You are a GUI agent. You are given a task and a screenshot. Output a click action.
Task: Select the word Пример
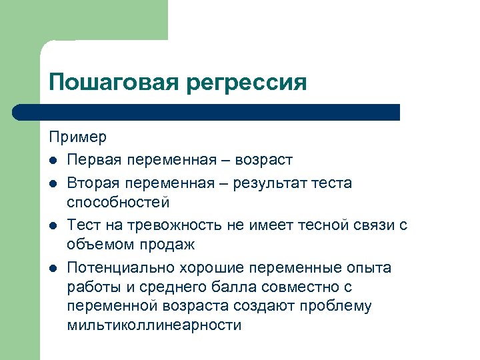pos(77,138)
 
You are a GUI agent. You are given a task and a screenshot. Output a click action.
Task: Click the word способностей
pos(119,202)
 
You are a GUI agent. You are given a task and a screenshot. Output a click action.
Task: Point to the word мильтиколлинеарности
pos(155,325)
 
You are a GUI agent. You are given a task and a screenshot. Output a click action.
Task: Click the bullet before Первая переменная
pos(53,161)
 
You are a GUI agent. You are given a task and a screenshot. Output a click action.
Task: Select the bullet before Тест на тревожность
pos(53,225)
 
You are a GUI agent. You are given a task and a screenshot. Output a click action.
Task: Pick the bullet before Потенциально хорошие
pos(53,268)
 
